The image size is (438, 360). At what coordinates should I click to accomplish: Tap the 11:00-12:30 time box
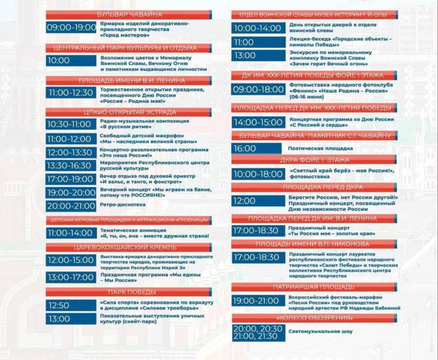click(71, 92)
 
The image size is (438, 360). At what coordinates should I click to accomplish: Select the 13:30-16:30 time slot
click(71, 166)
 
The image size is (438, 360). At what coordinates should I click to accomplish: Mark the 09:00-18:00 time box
click(258, 90)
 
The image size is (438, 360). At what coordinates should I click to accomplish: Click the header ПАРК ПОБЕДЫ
click(129, 292)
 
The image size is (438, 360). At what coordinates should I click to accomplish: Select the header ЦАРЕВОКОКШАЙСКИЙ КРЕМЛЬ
click(129, 247)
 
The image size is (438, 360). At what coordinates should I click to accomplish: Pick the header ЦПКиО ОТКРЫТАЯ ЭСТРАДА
click(129, 112)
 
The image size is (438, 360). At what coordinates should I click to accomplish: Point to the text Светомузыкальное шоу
click(320, 332)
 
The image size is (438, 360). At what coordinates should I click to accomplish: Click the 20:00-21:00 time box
click(71, 206)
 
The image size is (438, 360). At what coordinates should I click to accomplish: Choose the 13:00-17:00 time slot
click(71, 277)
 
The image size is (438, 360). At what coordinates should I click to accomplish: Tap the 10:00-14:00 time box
click(258, 28)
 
